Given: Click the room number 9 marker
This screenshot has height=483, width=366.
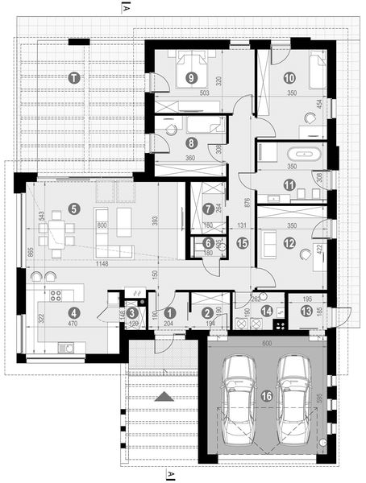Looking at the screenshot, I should [x=191, y=77].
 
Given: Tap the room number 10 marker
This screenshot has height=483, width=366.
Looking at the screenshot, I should [x=289, y=77].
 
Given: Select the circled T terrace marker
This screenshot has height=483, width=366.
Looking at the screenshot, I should [x=74, y=77].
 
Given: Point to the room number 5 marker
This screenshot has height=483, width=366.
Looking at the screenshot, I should [x=74, y=208].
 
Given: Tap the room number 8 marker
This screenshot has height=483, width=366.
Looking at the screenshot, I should [x=191, y=142].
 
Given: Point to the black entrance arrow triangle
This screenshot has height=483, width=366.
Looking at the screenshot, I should [x=164, y=397].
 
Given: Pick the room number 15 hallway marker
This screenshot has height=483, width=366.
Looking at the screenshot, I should [x=242, y=242].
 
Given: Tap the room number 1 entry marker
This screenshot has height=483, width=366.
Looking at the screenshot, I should [x=169, y=312].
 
